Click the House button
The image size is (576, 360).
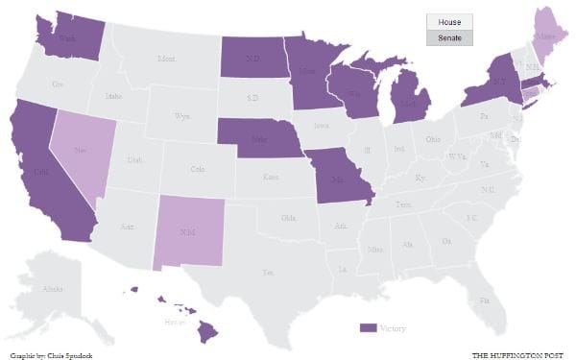point(449,22)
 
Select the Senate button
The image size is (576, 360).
point(449,38)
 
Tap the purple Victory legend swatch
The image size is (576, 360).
point(367,328)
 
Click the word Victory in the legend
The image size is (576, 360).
point(393,328)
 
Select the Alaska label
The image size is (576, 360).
point(53,288)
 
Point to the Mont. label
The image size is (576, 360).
point(166,60)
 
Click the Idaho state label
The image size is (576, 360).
point(114,95)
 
